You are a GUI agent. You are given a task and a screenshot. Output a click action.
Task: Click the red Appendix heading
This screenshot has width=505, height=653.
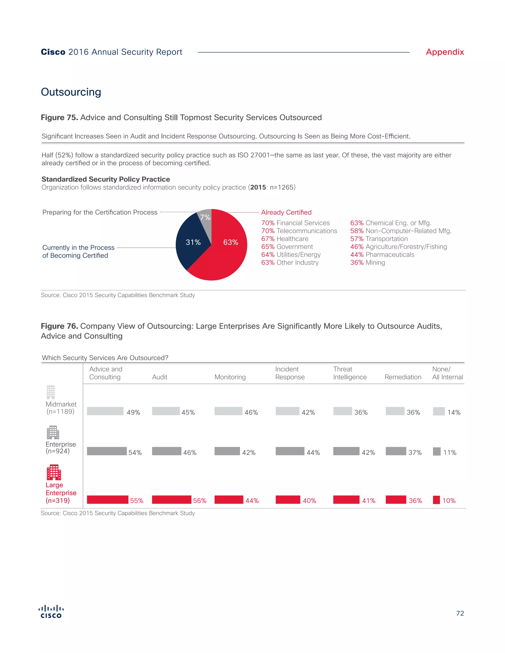pyautogui.click(x=445, y=52)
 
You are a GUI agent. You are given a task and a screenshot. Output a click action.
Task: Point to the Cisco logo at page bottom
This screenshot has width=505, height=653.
pyautogui.click(x=51, y=611)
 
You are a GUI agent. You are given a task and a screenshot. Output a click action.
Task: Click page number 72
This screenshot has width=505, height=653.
pyautogui.click(x=460, y=613)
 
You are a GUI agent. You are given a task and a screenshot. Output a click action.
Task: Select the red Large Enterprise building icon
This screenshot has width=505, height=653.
pyautogui.click(x=54, y=472)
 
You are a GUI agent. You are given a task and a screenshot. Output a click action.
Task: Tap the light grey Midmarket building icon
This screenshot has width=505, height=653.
pyautogui.click(x=51, y=392)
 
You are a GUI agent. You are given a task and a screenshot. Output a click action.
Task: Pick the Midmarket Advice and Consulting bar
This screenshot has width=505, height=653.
pyautogui.click(x=105, y=411)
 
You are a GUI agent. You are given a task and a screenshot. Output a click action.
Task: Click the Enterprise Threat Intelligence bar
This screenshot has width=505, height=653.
pyautogui.click(x=346, y=451)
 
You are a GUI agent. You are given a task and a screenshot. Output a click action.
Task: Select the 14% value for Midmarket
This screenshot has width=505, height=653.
pyautogui.click(x=453, y=412)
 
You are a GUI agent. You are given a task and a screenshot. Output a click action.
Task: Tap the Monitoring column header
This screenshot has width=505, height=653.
pyautogui.click(x=230, y=377)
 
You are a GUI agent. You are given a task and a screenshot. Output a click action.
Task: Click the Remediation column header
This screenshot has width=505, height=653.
pyautogui.click(x=403, y=377)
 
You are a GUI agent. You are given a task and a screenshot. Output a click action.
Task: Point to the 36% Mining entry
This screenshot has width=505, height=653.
pyautogui.click(x=367, y=262)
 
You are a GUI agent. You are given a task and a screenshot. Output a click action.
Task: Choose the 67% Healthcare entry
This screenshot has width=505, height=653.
pyautogui.click(x=285, y=239)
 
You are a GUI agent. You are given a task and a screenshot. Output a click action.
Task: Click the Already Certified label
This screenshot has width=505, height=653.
pyautogui.click(x=286, y=212)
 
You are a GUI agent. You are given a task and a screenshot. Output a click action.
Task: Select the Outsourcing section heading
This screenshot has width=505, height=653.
pyautogui.click(x=71, y=92)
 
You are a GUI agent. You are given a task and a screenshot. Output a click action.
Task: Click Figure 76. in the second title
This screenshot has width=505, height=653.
pyautogui.click(x=59, y=326)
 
